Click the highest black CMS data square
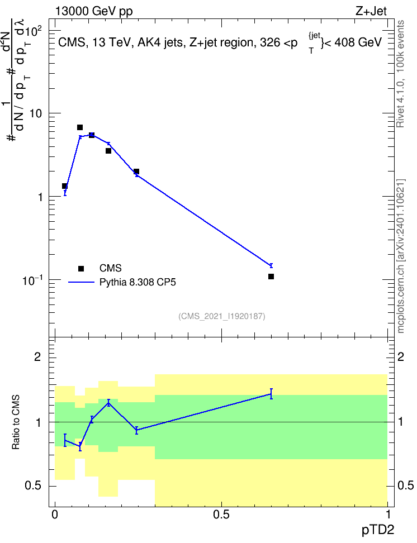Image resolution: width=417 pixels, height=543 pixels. click(x=80, y=127)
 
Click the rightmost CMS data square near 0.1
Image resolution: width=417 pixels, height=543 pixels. click(x=271, y=277)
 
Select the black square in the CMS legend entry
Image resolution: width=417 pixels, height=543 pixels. click(x=81, y=268)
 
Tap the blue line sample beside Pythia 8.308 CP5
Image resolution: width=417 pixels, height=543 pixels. click(x=81, y=283)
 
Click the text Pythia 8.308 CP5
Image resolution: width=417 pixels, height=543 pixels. click(x=138, y=283)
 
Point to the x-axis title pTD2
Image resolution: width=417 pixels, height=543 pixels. click(x=378, y=530)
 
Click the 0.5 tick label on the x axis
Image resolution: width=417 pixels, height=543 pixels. click(x=221, y=515)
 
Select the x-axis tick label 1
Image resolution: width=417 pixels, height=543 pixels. click(x=388, y=515)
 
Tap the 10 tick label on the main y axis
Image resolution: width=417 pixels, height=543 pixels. click(x=35, y=114)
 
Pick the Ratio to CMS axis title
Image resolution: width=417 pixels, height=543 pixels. click(x=16, y=422)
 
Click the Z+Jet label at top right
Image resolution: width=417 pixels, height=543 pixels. click(x=371, y=11)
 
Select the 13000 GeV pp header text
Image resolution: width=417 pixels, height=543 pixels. click(x=94, y=12)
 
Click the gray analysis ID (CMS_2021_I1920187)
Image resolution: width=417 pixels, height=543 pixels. click(x=222, y=316)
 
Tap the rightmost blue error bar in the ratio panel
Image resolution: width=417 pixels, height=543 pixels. click(x=271, y=394)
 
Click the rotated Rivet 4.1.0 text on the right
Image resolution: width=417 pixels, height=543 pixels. click(x=400, y=74)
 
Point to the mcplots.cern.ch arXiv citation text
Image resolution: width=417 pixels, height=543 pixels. click(x=400, y=256)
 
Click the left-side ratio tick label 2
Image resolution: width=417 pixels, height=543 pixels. click(x=37, y=357)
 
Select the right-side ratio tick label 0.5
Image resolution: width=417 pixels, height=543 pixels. click(x=405, y=485)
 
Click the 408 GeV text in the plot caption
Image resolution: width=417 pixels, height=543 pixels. click(x=358, y=42)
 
